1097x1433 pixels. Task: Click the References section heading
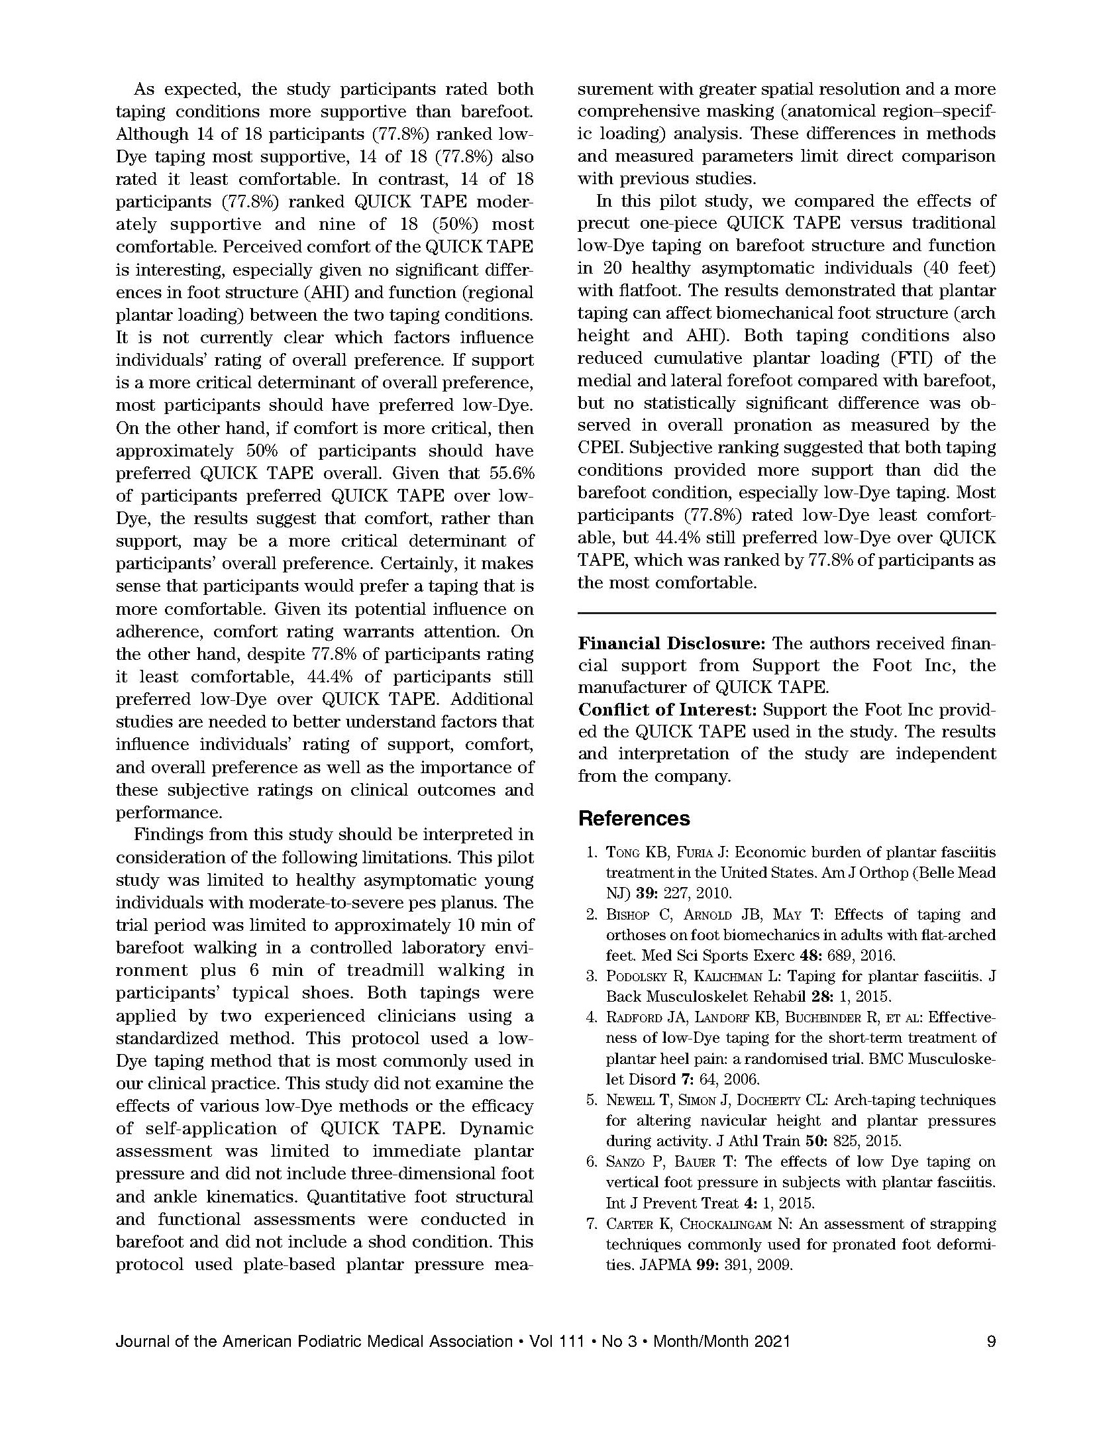pyautogui.click(x=633, y=819)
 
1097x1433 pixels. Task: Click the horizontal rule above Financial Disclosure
pyautogui.click(x=786, y=613)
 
